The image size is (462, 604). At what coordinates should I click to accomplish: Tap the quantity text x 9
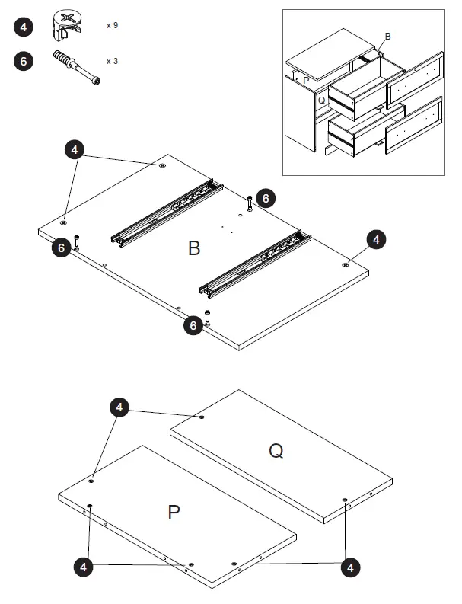click(112, 25)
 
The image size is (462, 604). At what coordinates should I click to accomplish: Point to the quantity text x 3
click(112, 61)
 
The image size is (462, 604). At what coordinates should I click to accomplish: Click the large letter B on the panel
click(194, 248)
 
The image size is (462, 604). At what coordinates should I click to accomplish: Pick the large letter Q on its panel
click(276, 451)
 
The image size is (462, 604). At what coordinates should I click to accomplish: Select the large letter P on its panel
click(174, 512)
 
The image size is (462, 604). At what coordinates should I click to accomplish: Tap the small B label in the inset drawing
click(388, 36)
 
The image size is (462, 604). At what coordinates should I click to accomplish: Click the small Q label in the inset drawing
click(321, 100)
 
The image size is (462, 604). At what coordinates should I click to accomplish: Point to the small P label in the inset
click(306, 79)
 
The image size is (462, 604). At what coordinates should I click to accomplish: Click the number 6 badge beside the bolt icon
click(24, 62)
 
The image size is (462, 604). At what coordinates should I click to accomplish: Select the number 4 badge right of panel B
click(376, 240)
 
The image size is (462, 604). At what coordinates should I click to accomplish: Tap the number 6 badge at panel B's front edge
click(194, 326)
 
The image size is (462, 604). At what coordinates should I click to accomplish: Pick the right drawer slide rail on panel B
click(255, 263)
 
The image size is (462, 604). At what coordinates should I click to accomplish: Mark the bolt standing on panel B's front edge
click(207, 318)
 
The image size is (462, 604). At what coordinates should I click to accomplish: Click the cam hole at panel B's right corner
click(346, 265)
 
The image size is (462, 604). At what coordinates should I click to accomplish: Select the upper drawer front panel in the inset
click(415, 81)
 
